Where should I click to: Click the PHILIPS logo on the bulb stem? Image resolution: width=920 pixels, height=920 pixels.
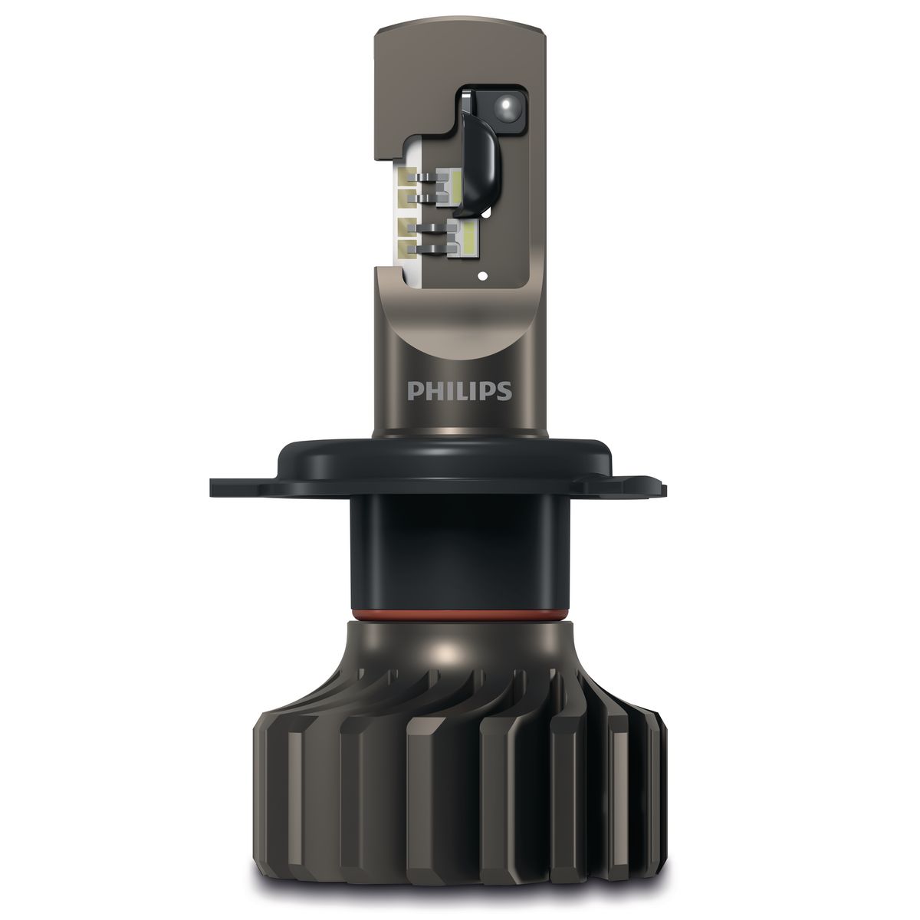coord(459,390)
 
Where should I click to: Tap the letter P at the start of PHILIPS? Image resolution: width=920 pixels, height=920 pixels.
coord(413,390)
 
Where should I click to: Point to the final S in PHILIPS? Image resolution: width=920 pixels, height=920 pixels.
coord(505,390)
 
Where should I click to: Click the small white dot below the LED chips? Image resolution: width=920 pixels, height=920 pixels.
coord(484,275)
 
